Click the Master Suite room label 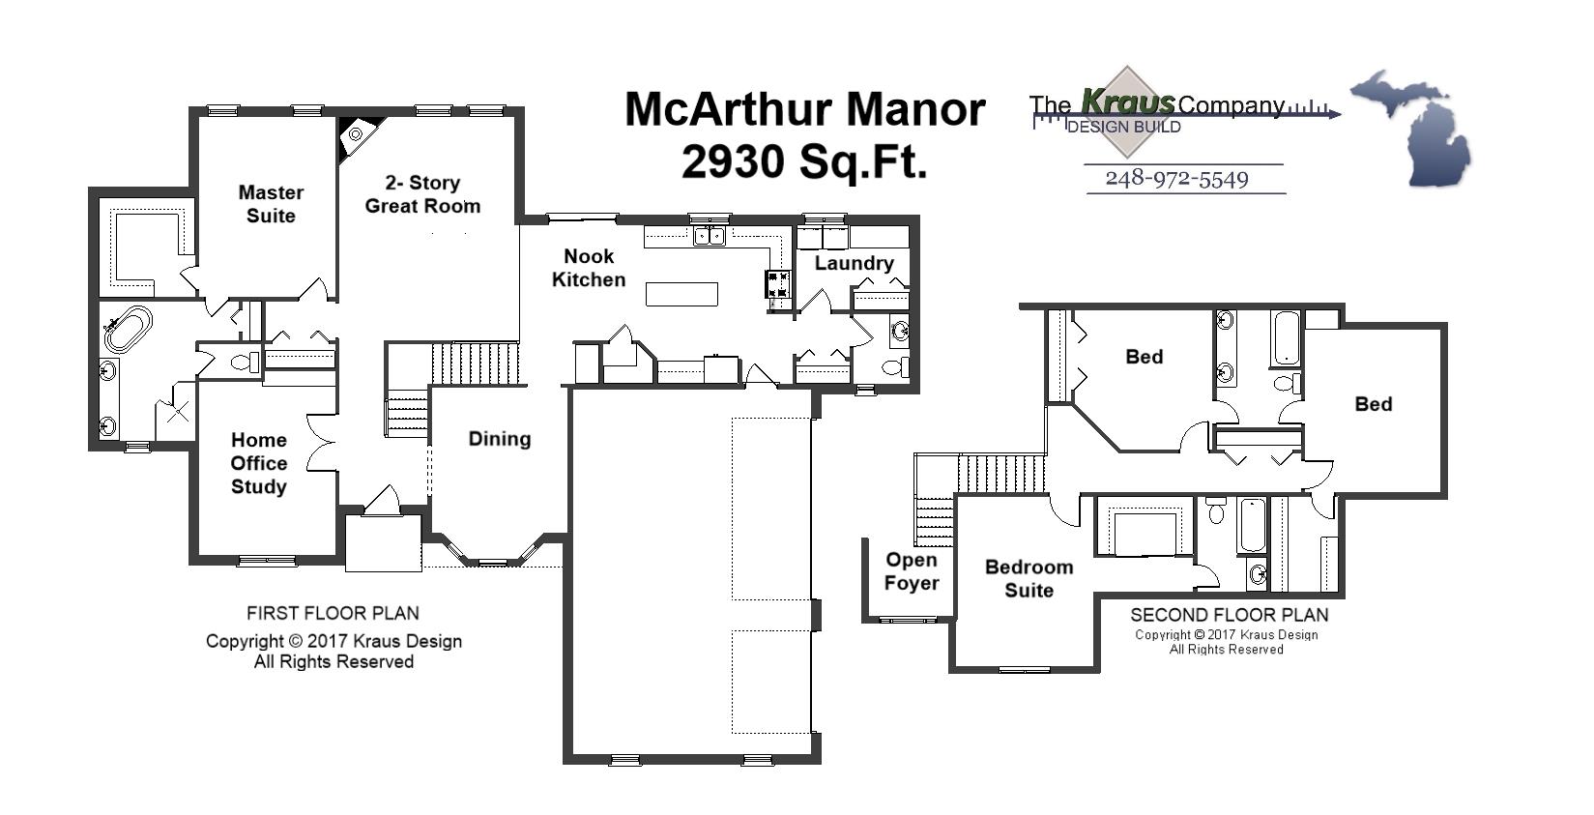(271, 204)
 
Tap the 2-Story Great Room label (422, 194)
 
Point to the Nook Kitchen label (589, 268)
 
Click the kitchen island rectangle (681, 294)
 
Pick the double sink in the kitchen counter (710, 235)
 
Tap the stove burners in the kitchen (779, 284)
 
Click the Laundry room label (854, 263)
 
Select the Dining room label (500, 439)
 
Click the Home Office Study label (259, 463)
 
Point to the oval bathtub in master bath (129, 329)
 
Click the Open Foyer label (912, 571)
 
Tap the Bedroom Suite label (1029, 578)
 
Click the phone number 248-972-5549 (1176, 179)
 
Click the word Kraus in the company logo (1127, 102)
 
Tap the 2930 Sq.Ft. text (804, 161)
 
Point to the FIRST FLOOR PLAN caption (333, 613)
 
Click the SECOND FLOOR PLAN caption (1229, 615)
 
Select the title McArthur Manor (804, 109)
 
